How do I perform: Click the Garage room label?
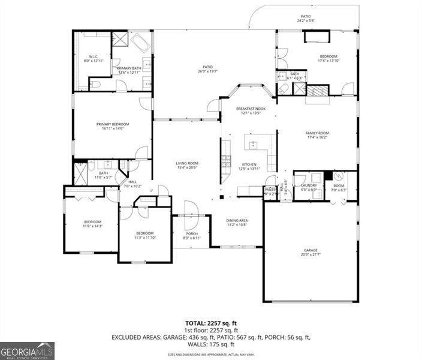coord(310,250)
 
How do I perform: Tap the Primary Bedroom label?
coord(113,124)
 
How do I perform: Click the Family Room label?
coord(317,133)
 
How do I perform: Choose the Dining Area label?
coord(236,221)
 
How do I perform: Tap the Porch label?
coord(192,234)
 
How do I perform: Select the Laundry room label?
coord(309,185)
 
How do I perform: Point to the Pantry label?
coord(270,190)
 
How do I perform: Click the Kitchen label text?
coord(249,164)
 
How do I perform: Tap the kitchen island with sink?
coord(254,144)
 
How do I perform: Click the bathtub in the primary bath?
coord(141,43)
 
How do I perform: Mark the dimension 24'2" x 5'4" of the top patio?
coord(306,20)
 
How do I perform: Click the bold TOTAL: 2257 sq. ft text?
coord(210,323)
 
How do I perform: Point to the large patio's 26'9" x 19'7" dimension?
coord(207,71)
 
